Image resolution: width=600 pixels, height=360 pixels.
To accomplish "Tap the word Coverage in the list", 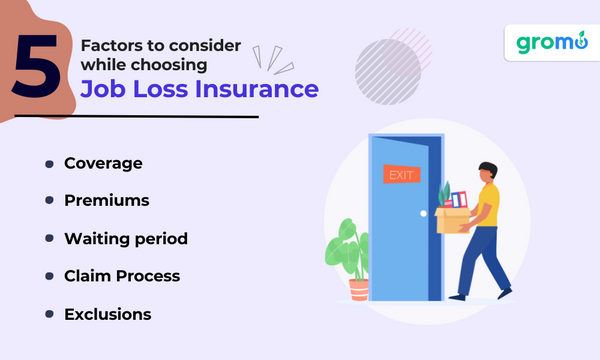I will (x=103, y=163).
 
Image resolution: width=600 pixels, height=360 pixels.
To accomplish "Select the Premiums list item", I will (x=106, y=200).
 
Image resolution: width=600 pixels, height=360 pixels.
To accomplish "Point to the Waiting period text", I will (x=125, y=238).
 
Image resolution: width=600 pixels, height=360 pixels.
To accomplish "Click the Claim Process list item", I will (x=123, y=275).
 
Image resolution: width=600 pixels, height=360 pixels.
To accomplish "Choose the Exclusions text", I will (x=107, y=313).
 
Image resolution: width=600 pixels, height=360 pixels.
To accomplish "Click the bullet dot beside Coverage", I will (x=47, y=163).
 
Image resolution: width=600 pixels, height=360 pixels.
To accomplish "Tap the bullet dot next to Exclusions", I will (x=47, y=313).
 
